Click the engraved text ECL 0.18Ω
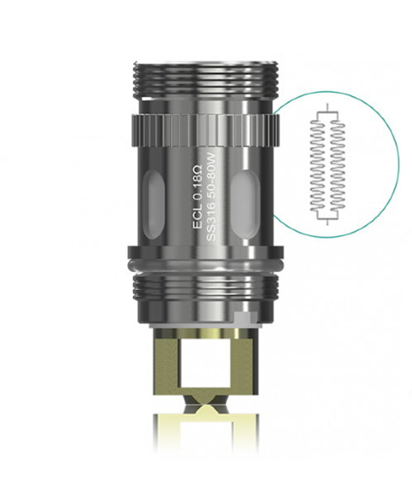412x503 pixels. (196, 197)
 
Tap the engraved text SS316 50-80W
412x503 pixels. (211, 197)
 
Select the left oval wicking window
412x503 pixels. (155, 205)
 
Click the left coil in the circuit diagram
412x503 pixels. (318, 166)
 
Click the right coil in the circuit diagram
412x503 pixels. (337, 166)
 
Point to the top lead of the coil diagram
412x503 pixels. (327, 108)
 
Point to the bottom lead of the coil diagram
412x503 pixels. (327, 222)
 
